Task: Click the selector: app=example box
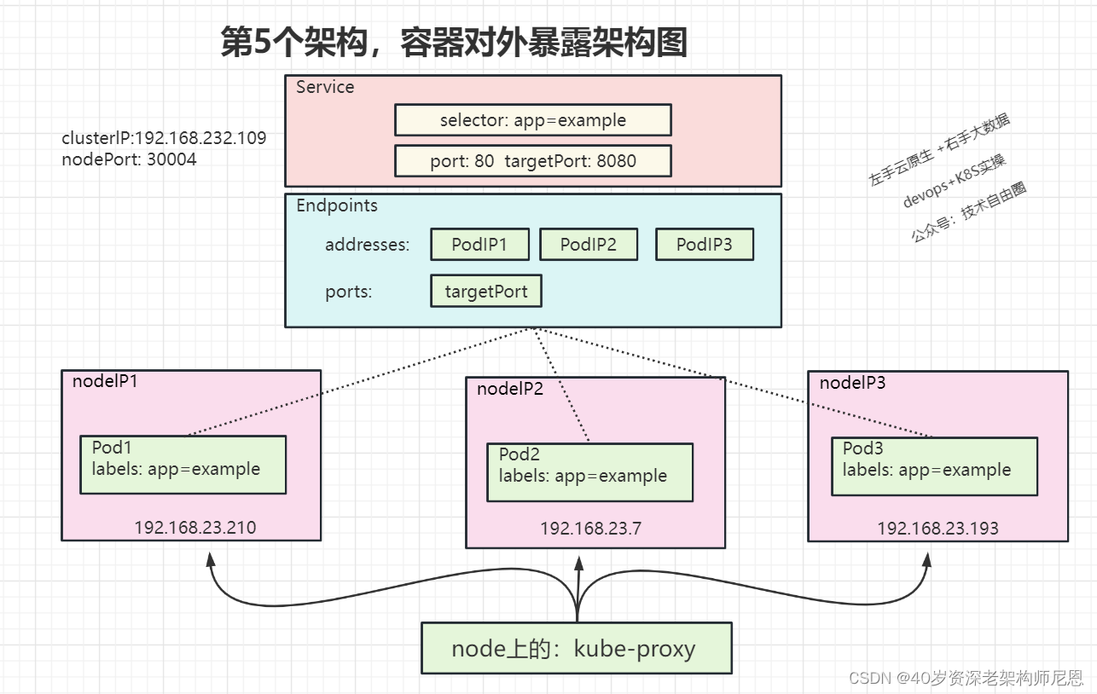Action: coord(533,120)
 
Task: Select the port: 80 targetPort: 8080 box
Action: coord(533,161)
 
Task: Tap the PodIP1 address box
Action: coord(480,244)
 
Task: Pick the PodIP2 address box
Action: coord(589,244)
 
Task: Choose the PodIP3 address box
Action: coord(705,244)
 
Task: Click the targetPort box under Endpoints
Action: coord(486,292)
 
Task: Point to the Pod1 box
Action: coord(183,465)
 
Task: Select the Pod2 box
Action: coord(590,473)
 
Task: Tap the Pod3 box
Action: coord(934,466)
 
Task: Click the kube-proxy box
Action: coord(577,648)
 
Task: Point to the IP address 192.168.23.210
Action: coord(195,528)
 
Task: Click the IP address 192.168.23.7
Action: coord(590,529)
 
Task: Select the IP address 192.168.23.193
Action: coord(937,529)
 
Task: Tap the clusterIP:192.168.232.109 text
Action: coord(164,138)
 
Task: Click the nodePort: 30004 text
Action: coord(129,159)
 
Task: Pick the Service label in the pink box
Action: coord(325,87)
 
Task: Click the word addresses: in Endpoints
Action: coord(368,244)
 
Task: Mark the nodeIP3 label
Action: coord(853,383)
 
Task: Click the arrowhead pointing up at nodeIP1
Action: coord(211,559)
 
